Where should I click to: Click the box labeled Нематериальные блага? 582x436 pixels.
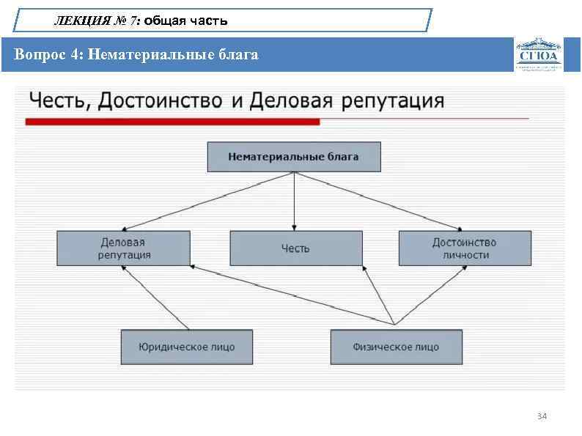[x=293, y=157]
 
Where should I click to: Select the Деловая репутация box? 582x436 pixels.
[x=124, y=248]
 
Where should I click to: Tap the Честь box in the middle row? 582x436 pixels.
[x=295, y=248]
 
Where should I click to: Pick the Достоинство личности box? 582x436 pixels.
[x=464, y=248]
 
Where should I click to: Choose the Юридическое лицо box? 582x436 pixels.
[x=187, y=347]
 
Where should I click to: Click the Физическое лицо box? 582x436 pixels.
[x=396, y=347]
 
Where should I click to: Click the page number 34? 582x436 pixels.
[x=542, y=416]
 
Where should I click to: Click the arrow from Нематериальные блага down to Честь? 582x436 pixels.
[x=294, y=202]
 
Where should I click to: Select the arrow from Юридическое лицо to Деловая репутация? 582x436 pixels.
[x=155, y=296]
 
